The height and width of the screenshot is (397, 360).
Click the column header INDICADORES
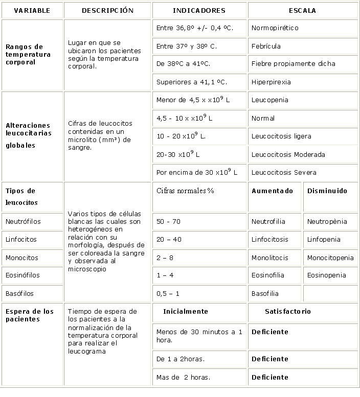(x=199, y=10)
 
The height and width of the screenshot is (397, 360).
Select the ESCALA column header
(x=302, y=10)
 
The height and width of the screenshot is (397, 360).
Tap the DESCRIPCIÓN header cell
(x=107, y=10)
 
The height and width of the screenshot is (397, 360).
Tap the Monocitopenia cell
(x=330, y=258)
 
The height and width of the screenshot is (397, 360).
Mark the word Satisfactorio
(x=288, y=311)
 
